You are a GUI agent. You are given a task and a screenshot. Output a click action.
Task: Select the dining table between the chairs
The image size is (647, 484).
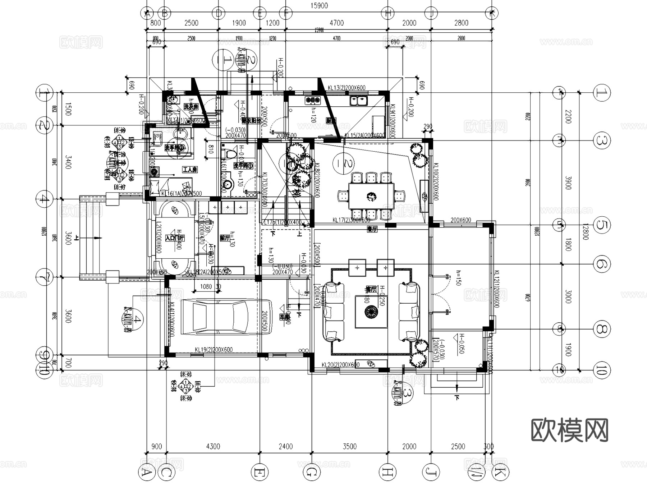pyautogui.click(x=371, y=196)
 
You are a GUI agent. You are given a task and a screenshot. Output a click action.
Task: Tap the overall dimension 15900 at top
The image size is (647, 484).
pyautogui.click(x=319, y=6)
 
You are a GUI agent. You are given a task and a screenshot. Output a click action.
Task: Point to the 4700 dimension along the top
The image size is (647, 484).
pyautogui.click(x=336, y=23)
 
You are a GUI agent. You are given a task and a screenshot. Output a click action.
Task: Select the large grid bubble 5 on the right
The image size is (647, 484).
pyautogui.click(x=601, y=225)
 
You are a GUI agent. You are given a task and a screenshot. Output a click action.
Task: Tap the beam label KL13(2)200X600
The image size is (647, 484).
pyautogui.click(x=347, y=88)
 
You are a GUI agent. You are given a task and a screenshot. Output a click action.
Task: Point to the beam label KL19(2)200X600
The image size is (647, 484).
pyautogui.click(x=214, y=350)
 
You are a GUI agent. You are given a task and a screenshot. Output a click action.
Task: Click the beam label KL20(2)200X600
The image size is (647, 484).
pyautogui.click(x=340, y=365)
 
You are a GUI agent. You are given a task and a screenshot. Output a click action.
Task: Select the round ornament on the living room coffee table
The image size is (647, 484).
pyautogui.click(x=371, y=312)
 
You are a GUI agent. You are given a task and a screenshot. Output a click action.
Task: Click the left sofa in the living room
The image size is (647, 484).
pyautogui.click(x=334, y=312)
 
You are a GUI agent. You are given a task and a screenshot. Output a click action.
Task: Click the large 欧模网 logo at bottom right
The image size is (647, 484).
pyautogui.click(x=569, y=430)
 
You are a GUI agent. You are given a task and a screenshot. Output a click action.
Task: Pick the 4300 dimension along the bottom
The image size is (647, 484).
pyautogui.click(x=213, y=446)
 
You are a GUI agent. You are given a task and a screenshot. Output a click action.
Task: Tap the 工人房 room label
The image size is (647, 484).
pyautogui.click(x=189, y=170)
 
